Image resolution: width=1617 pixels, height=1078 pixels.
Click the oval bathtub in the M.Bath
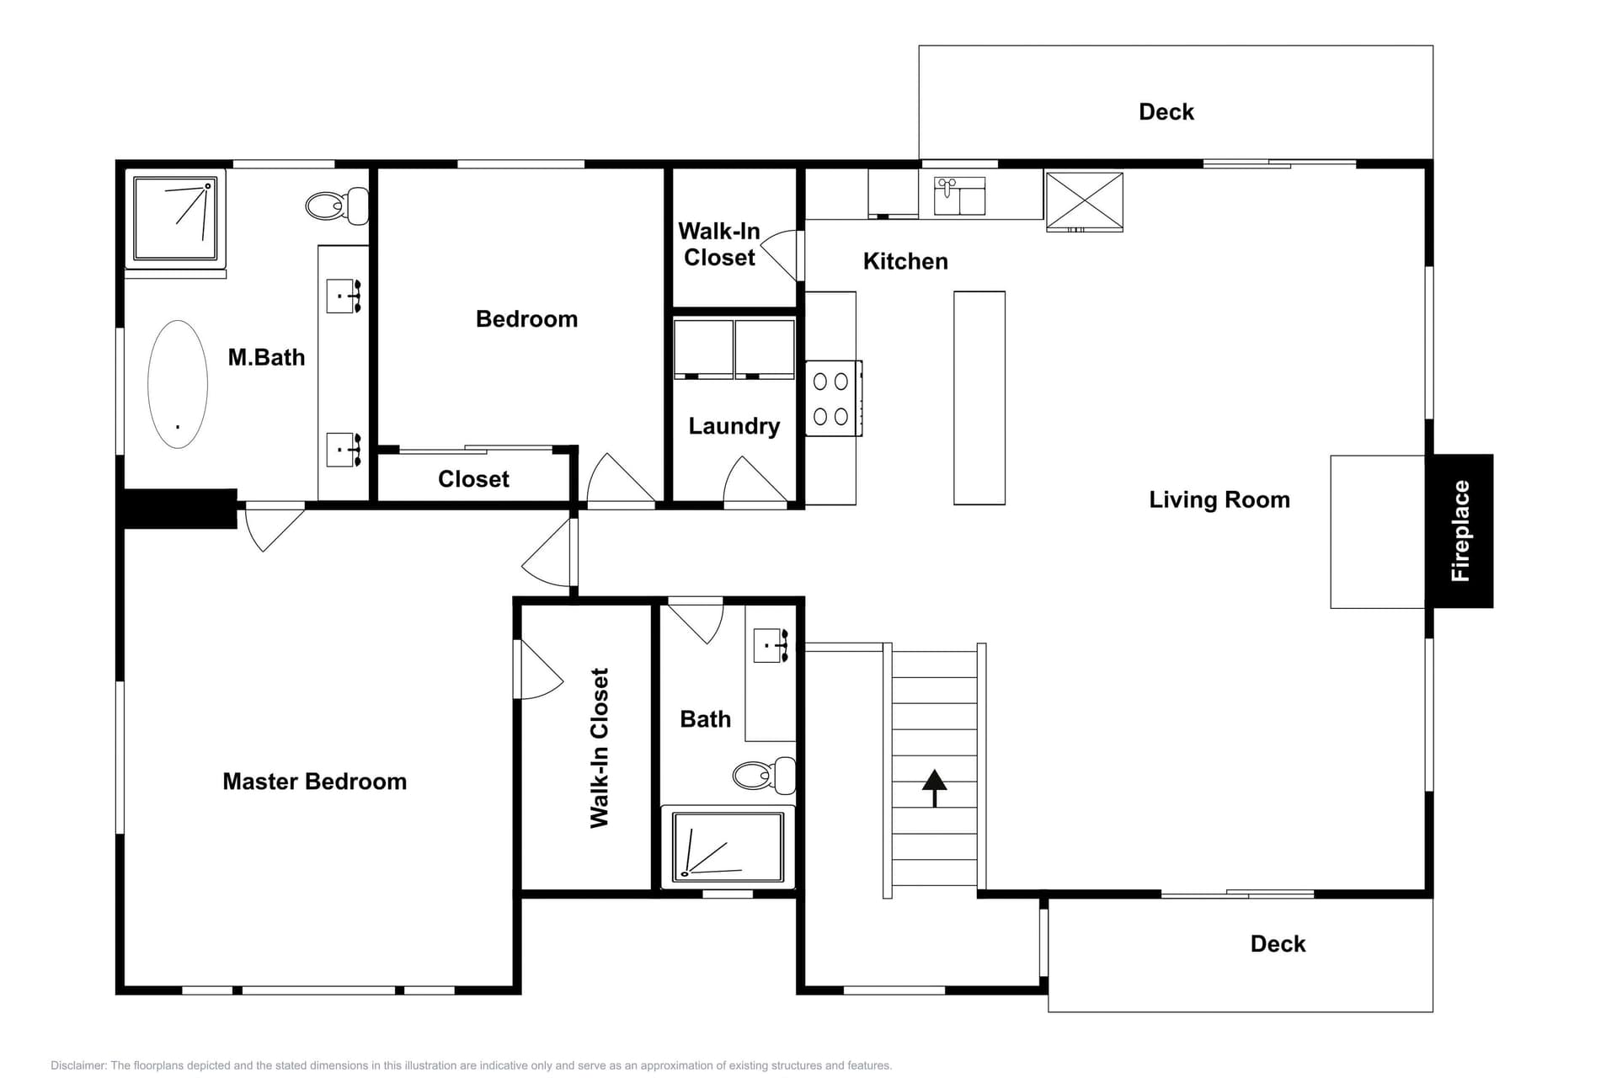178,384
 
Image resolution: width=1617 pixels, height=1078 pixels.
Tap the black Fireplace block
1461,531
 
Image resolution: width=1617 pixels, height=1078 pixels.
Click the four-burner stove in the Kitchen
832,398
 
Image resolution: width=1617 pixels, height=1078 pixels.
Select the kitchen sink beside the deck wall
959,196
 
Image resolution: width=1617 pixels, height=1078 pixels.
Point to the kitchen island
979,398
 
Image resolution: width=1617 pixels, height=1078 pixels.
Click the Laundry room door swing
754,482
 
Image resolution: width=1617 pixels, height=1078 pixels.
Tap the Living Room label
1219,499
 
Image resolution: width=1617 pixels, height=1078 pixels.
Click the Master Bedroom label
314,782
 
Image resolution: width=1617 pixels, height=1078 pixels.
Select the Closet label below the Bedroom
473,479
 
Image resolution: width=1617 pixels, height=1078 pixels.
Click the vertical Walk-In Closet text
600,748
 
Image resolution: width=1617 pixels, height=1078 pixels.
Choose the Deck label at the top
1166,112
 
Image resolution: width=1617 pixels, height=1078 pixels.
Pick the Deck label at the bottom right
1277,944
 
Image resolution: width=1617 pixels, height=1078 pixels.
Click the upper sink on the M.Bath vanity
343,296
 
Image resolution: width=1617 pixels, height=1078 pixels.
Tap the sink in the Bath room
770,646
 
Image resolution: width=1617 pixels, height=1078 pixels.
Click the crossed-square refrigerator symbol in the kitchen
1084,200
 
